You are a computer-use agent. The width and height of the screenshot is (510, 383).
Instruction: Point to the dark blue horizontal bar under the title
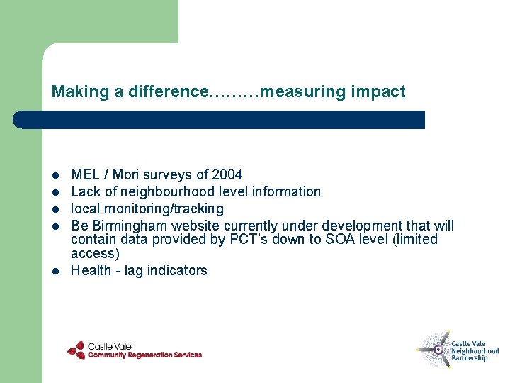click(220, 120)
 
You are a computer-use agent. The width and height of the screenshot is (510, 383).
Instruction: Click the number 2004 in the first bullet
click(227, 174)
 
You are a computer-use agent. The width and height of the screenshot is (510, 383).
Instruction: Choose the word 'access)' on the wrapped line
click(95, 253)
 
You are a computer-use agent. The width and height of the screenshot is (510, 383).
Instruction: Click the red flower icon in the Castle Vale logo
click(76, 350)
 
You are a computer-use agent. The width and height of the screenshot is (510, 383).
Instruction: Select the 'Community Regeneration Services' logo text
click(144, 355)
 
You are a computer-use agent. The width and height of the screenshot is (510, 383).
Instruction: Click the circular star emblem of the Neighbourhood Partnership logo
click(435, 348)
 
